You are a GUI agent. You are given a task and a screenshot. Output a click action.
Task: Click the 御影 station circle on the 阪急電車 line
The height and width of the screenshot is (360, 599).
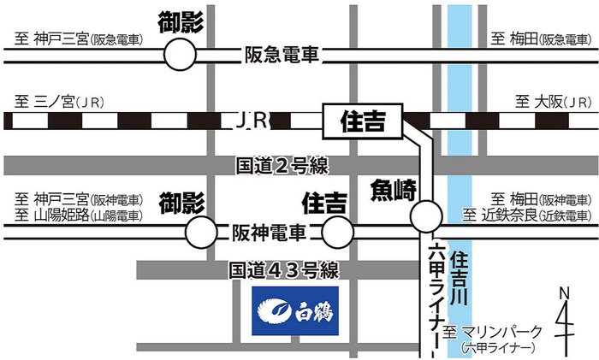pyautogui.click(x=180, y=56)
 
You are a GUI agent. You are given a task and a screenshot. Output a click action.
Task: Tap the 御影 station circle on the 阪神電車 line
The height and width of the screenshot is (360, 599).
pyautogui.click(x=201, y=231)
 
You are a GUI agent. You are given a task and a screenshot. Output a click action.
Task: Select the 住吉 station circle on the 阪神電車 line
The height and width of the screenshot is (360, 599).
pyautogui.click(x=338, y=231)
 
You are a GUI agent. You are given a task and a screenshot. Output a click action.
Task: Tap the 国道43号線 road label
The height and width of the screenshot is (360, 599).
pyautogui.click(x=282, y=270)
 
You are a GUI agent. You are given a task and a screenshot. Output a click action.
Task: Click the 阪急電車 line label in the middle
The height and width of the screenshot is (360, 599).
pyautogui.click(x=281, y=54)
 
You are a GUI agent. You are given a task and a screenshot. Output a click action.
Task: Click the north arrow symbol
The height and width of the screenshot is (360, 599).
pyautogui.click(x=565, y=321)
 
